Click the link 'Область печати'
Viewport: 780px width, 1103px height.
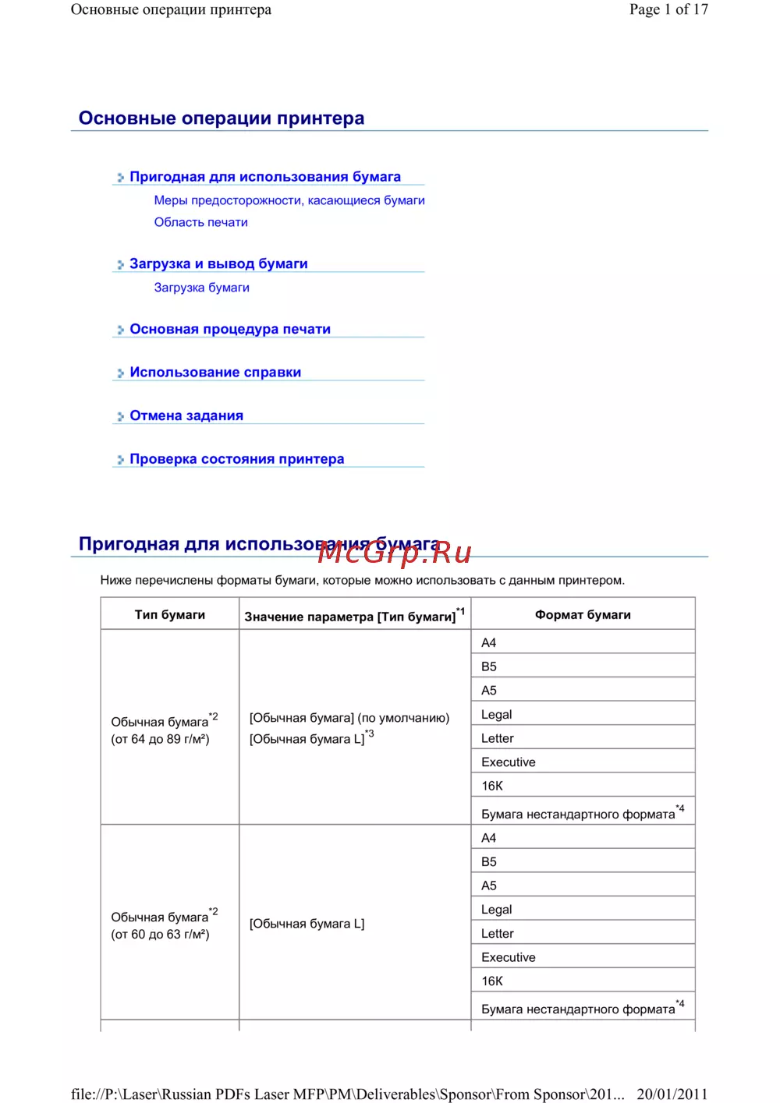point(200,222)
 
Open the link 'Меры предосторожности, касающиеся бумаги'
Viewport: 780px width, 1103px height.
point(289,200)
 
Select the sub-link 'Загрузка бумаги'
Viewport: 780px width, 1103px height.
point(201,288)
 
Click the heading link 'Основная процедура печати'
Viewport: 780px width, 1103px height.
point(230,329)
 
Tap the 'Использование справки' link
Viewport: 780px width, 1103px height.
point(215,373)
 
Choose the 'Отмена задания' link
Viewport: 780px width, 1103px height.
point(186,415)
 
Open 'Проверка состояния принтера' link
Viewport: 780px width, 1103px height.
point(236,459)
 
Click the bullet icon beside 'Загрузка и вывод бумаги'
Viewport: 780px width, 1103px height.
point(120,265)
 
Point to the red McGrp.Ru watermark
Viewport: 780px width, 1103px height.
point(395,553)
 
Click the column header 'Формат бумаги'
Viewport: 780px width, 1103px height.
point(583,614)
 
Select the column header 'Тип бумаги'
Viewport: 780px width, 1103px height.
point(169,614)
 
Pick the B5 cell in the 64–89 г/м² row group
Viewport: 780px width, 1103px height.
point(489,666)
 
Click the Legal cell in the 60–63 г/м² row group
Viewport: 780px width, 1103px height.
point(497,910)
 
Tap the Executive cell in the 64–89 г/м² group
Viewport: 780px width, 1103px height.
point(509,762)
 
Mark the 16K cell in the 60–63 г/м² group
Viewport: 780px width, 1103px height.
point(492,981)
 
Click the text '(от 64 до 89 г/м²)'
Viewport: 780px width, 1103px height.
point(160,739)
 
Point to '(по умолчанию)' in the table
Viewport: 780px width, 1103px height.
point(403,718)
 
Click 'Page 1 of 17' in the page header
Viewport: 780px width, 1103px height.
point(668,9)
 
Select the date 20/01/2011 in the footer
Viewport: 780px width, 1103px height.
point(672,1094)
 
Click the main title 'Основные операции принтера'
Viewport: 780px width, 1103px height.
point(222,118)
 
